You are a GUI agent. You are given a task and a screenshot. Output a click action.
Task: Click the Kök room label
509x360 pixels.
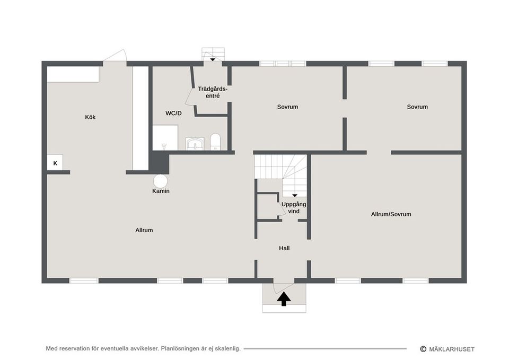(90, 117)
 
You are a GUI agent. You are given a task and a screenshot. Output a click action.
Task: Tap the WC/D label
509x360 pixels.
(174, 113)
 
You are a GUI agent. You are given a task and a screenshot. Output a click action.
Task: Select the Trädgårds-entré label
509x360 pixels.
(213, 92)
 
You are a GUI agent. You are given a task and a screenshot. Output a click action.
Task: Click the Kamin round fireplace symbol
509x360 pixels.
(160, 181)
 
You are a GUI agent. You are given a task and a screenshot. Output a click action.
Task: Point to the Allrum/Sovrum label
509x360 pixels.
(391, 214)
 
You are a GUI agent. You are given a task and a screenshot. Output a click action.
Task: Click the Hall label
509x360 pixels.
(284, 248)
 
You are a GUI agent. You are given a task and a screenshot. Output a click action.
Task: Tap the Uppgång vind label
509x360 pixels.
(294, 208)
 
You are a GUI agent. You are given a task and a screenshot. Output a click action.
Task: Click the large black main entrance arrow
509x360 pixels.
(284, 298)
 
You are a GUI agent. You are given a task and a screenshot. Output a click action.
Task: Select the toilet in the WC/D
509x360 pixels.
(215, 142)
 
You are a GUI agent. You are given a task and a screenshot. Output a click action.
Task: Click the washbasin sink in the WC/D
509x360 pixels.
(195, 144)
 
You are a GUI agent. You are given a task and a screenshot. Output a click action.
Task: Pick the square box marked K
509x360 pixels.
(55, 163)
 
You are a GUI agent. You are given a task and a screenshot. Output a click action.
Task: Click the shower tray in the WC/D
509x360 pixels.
(165, 138)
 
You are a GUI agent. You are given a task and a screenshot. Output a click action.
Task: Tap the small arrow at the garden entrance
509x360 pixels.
(212, 60)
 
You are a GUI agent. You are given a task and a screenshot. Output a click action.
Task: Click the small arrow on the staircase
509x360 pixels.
(294, 196)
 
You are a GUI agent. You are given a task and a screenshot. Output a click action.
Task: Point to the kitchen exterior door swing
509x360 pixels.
(115, 55)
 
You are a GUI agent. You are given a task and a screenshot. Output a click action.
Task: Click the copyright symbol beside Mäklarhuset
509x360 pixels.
(423, 349)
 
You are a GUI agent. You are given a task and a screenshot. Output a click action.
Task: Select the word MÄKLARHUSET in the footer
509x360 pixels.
(452, 349)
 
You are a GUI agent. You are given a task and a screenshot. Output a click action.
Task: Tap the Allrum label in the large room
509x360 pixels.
(144, 230)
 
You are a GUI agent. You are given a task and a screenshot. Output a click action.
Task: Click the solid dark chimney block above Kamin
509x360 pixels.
(159, 163)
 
